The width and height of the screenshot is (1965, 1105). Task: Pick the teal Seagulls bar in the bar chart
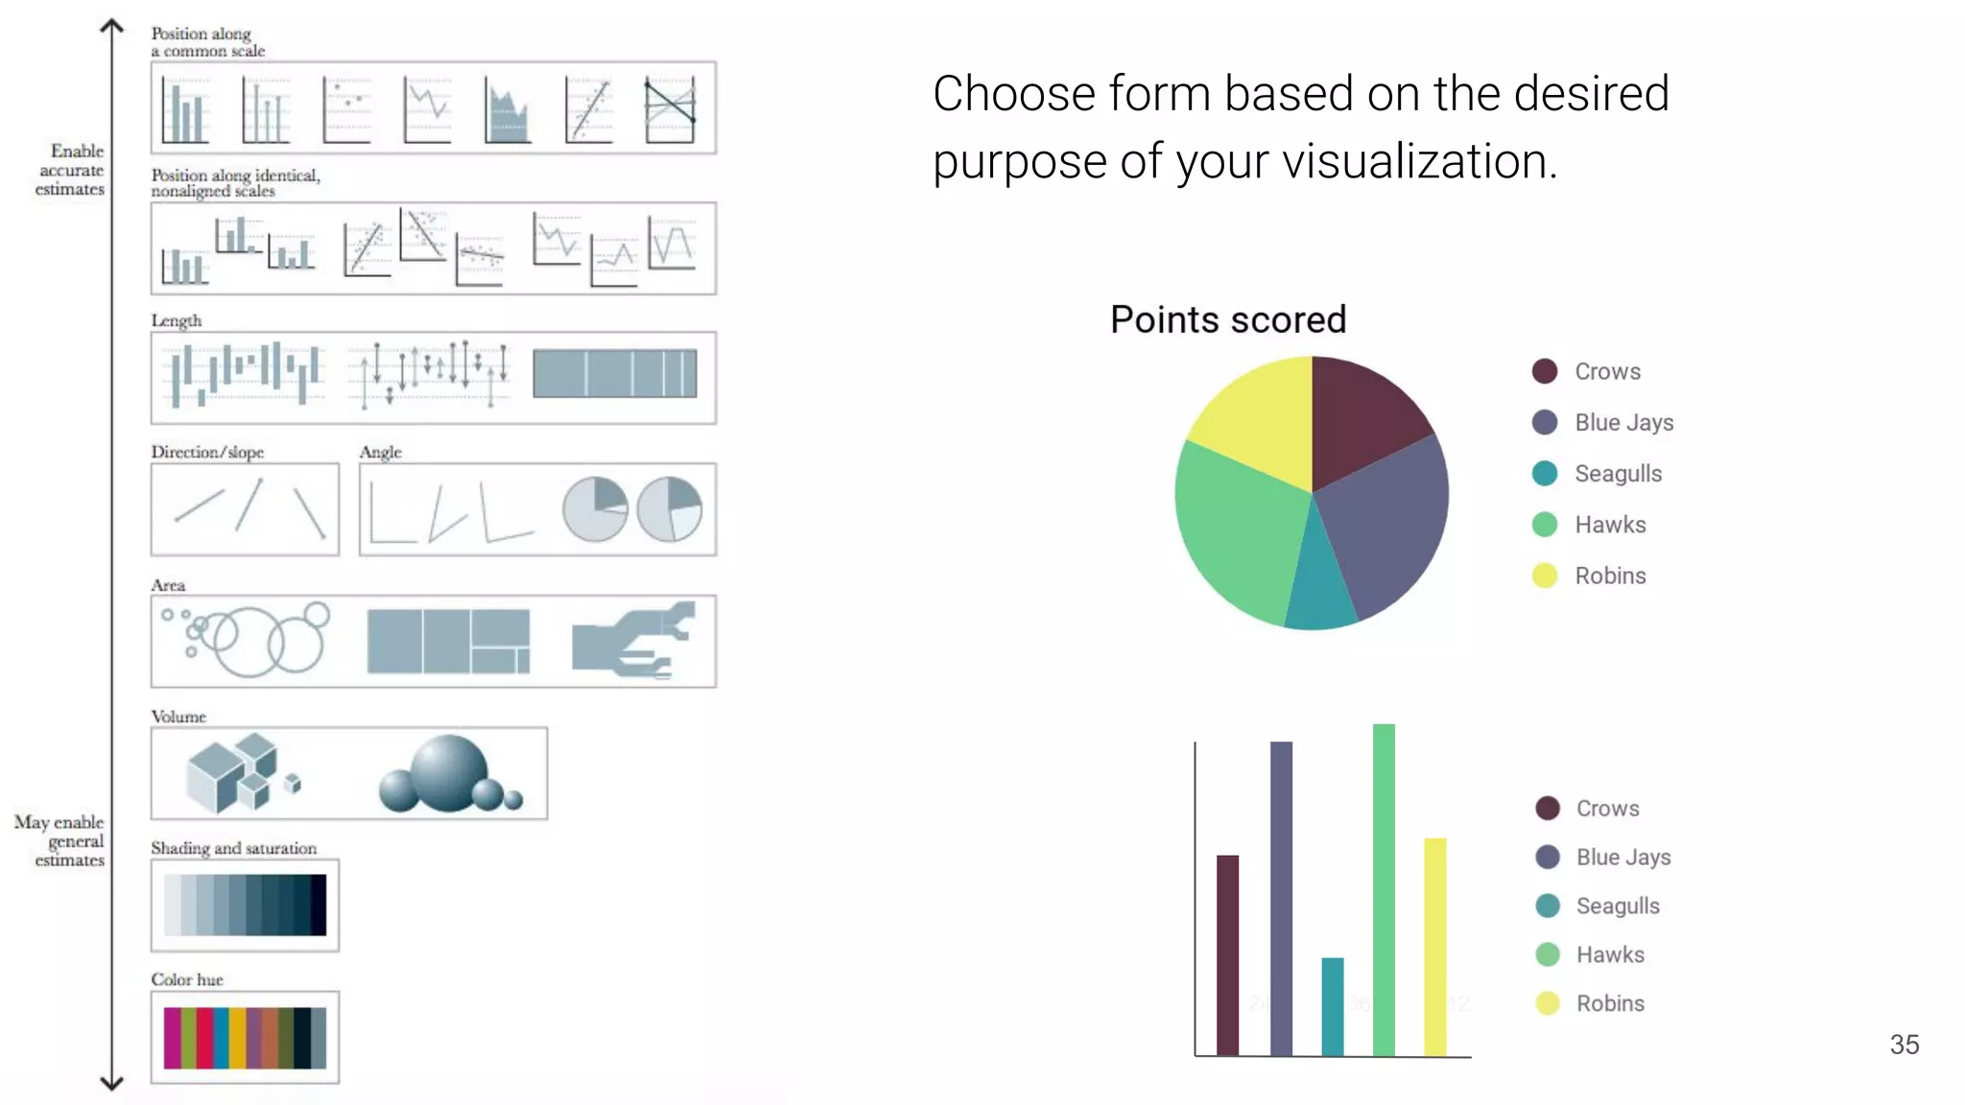point(1333,1006)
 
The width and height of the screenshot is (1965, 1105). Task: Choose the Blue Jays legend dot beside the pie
point(1545,422)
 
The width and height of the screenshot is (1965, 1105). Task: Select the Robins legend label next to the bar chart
point(1610,1003)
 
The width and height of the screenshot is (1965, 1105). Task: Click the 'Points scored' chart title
point(1228,319)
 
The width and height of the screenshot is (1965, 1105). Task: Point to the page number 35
point(1905,1045)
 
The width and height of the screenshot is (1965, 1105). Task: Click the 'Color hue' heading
point(187,979)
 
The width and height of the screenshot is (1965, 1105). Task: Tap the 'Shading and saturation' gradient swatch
point(245,905)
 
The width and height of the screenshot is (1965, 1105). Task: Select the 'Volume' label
point(178,717)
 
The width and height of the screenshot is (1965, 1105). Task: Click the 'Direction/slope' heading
point(207,452)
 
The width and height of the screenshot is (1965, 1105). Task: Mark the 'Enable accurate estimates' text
point(71,170)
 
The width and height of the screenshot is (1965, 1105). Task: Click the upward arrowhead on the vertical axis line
point(112,27)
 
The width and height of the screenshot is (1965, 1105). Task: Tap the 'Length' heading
point(177,320)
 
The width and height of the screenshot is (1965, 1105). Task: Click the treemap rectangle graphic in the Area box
point(448,641)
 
